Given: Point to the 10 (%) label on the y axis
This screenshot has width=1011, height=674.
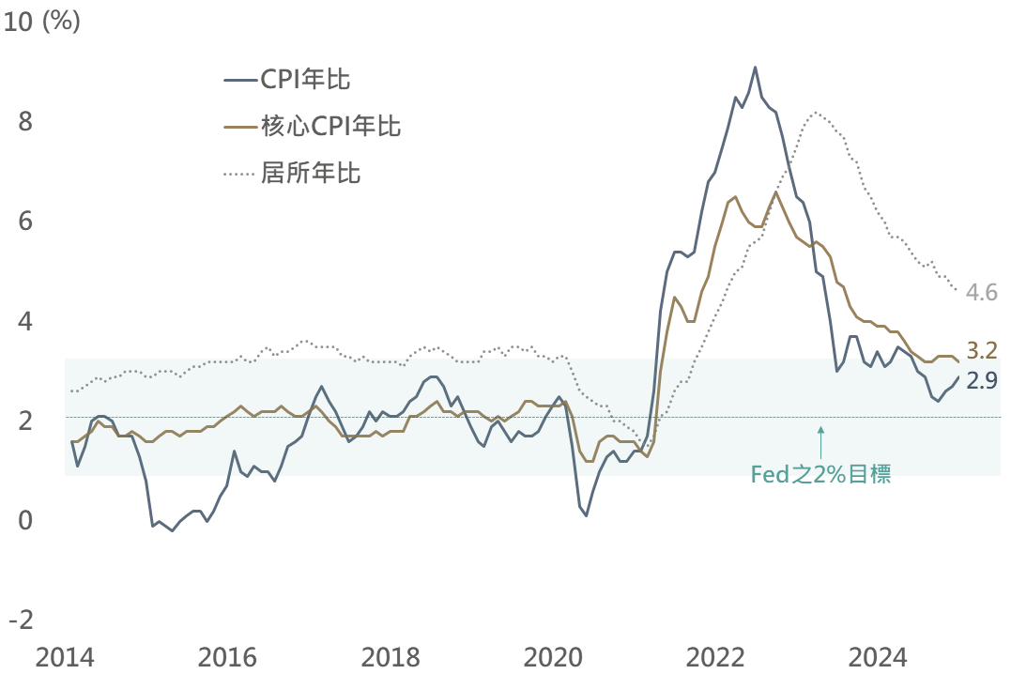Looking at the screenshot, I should (x=43, y=23).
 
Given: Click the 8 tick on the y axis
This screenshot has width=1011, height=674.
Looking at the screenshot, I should (x=24, y=122).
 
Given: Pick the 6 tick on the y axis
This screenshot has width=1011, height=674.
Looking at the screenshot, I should (x=24, y=222).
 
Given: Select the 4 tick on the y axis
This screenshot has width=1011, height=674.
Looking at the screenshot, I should (x=24, y=321).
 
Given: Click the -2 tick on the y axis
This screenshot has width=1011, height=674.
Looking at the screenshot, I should (x=20, y=620).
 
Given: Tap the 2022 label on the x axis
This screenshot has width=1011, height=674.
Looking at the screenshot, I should (x=717, y=656).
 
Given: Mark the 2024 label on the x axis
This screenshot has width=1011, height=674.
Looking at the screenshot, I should (x=879, y=656).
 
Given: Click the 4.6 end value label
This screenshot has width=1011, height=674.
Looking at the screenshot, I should (x=981, y=292).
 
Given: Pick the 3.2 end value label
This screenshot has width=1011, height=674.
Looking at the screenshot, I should (x=981, y=350).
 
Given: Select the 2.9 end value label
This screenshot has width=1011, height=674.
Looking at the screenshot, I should (x=981, y=380).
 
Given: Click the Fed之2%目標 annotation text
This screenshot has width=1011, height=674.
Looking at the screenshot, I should (x=821, y=474).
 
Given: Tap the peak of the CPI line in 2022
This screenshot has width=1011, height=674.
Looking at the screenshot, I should (x=755, y=68).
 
